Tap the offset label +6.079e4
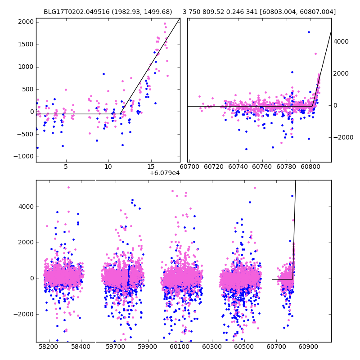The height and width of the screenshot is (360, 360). coord(164,173)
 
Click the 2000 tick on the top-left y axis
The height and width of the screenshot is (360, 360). coord(26,22)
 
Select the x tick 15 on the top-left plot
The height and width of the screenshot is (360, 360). coord(151,166)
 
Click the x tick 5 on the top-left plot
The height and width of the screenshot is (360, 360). coord(66,166)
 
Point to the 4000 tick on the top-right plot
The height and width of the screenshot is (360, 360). coord(341,41)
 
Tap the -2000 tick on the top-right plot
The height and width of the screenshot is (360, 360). coord(342,138)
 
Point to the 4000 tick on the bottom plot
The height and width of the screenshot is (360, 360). coord(26,207)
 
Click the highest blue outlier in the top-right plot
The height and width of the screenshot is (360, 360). coord(309,32)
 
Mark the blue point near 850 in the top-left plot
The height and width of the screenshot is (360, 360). coord(103,74)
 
